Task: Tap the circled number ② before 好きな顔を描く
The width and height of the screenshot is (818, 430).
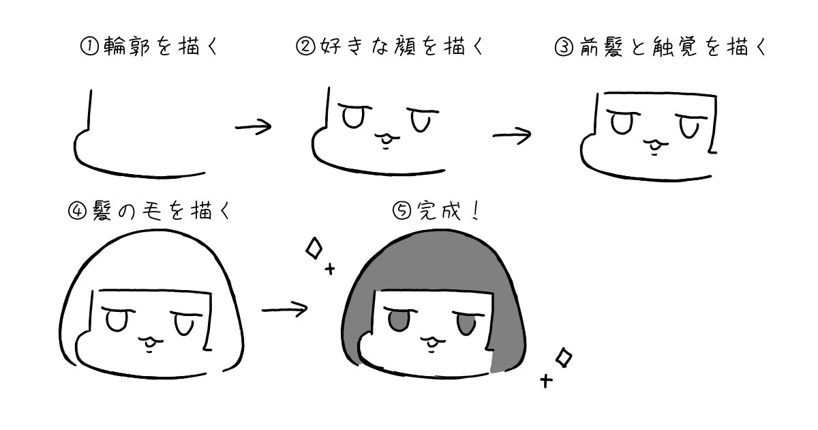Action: [303, 46]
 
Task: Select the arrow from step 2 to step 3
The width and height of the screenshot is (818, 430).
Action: [512, 134]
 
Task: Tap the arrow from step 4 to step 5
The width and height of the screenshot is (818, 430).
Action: [284, 309]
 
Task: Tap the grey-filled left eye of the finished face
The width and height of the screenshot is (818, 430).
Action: [397, 319]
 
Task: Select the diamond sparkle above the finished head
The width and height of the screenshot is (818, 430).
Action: [314, 248]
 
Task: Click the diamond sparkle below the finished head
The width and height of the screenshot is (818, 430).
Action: [564, 357]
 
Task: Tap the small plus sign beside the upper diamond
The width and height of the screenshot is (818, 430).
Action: [331, 269]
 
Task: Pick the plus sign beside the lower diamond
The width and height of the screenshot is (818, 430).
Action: [545, 380]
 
